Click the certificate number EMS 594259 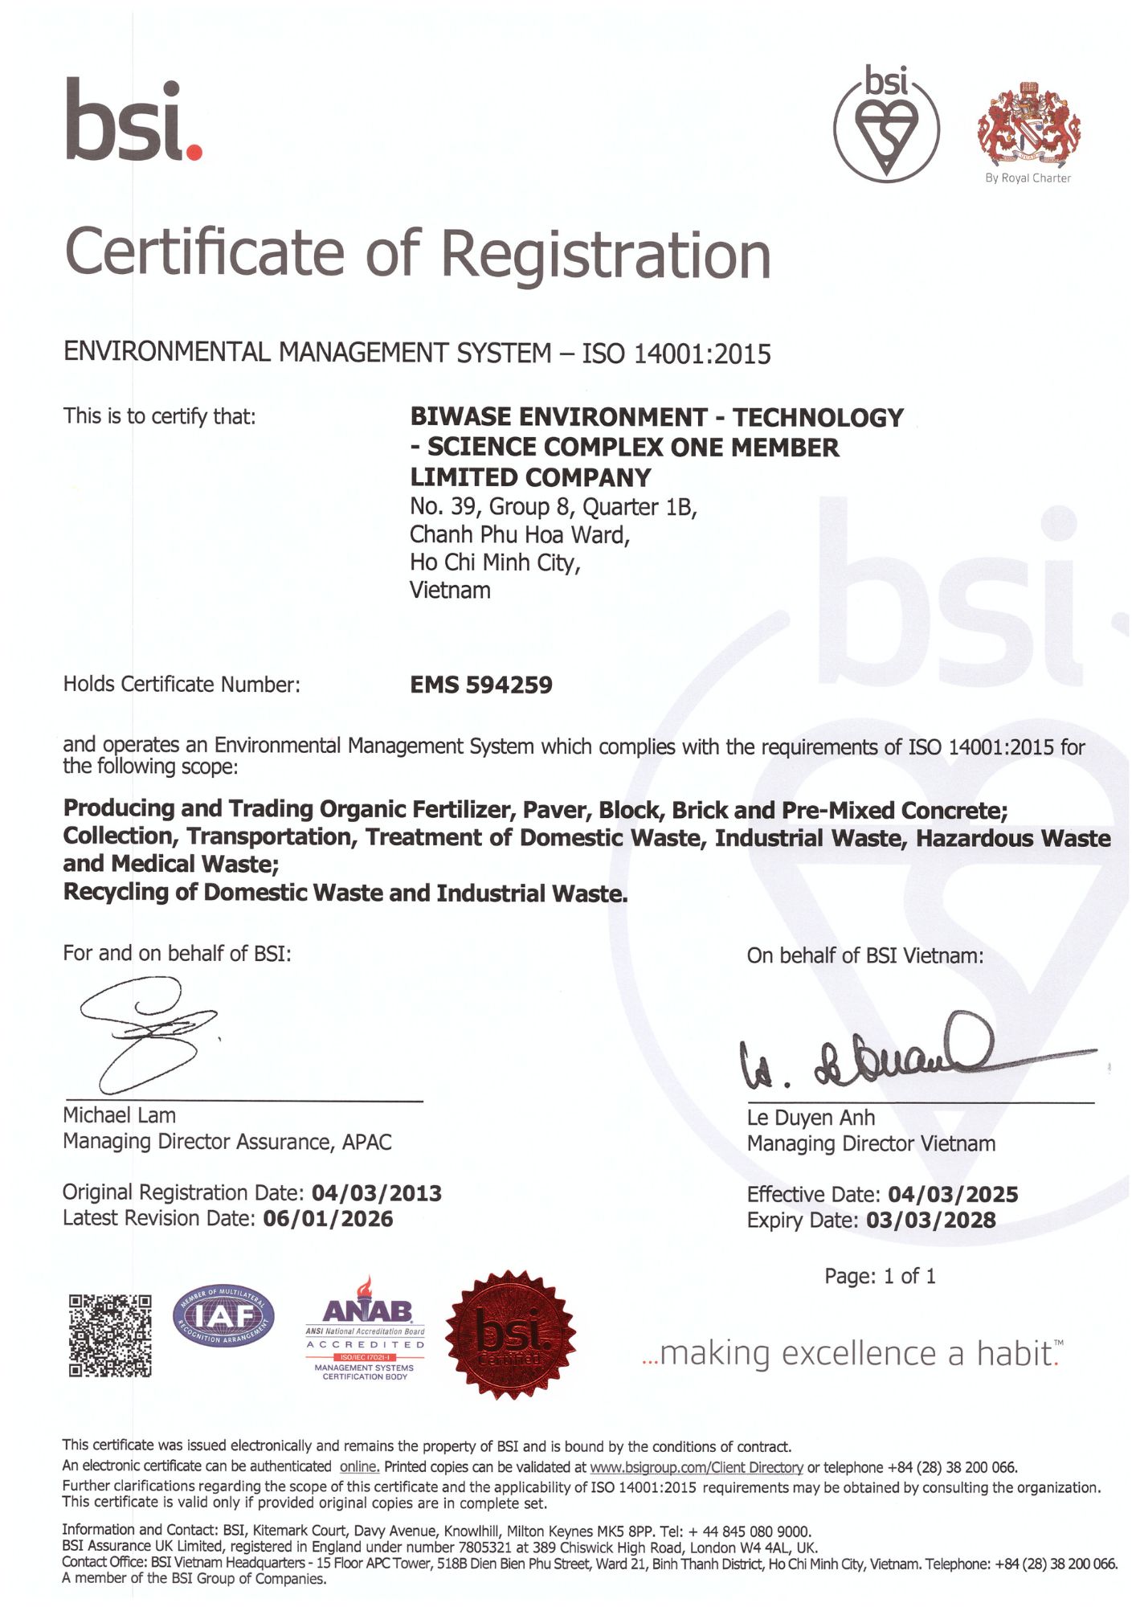[x=480, y=685]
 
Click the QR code [x=110, y=1335]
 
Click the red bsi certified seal [x=510, y=1335]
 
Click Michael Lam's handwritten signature [x=149, y=1032]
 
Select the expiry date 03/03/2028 [x=930, y=1221]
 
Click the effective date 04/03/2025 [x=953, y=1195]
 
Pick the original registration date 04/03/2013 [x=376, y=1193]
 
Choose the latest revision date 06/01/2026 [x=328, y=1219]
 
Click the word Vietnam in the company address [x=450, y=591]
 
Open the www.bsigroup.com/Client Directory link [x=696, y=1467]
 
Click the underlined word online [x=358, y=1467]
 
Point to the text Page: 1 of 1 [x=880, y=1277]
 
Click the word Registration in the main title [x=606, y=255]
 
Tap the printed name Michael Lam [x=119, y=1115]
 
